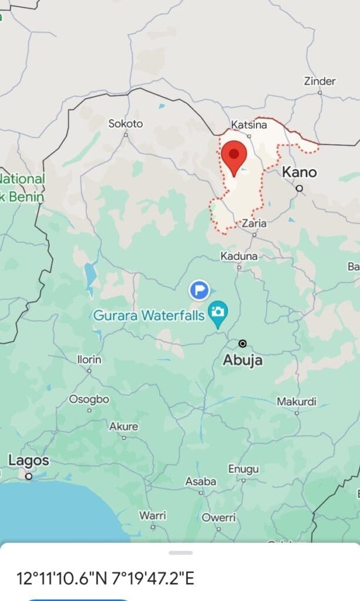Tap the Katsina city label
[248, 125]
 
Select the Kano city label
[300, 173]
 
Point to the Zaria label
[254, 224]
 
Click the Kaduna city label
[239, 256]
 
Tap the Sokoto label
[126, 124]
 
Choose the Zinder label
[319, 82]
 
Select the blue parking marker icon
[200, 289]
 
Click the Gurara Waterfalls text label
[149, 316]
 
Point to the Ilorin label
[89, 359]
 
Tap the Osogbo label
[89, 399]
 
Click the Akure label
[123, 427]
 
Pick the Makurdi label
[297, 402]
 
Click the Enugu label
[243, 470]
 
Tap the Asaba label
[201, 482]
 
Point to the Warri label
[153, 515]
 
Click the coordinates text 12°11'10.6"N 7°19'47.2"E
[105, 578]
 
